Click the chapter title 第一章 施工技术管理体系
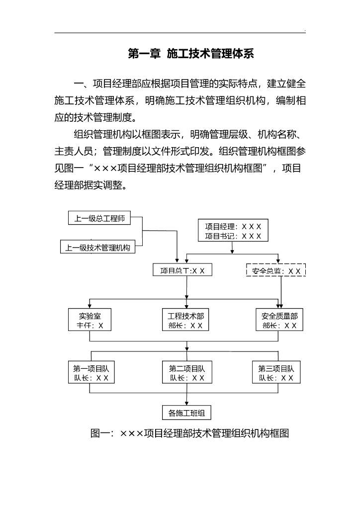tap(190, 54)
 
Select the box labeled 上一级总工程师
tap(99, 218)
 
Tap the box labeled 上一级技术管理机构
tap(97, 247)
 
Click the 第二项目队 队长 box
tap(186, 373)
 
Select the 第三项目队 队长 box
tap(276, 373)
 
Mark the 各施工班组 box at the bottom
tap(186, 413)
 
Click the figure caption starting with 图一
tap(189, 433)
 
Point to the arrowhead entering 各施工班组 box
tap(186, 404)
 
